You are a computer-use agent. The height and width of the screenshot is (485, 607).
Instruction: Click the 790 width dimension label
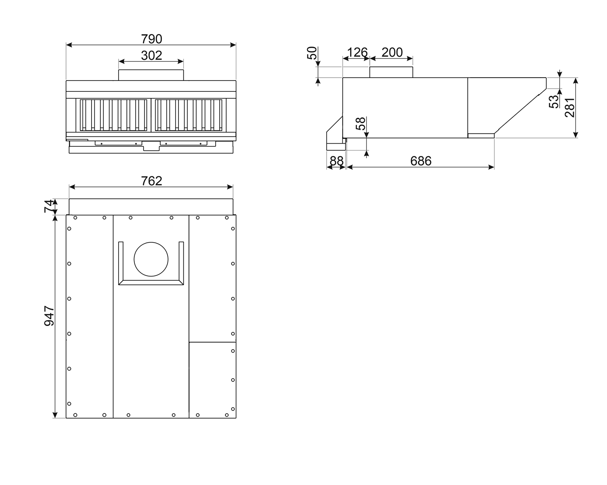point(151,39)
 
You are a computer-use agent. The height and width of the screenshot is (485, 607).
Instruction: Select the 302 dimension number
point(151,55)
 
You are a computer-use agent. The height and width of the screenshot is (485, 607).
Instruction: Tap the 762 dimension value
point(151,181)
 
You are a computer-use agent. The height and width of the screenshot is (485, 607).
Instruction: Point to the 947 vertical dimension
point(49,316)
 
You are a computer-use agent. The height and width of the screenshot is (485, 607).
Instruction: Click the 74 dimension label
point(49,206)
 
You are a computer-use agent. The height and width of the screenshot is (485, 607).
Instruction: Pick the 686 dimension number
point(421,161)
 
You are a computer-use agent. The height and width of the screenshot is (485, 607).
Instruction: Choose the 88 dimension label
point(337,161)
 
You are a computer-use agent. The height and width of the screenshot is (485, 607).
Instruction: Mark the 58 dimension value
point(361,123)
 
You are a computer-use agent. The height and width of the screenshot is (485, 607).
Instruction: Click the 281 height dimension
point(569,107)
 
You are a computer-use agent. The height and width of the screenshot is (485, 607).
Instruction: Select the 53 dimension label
point(554,102)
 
